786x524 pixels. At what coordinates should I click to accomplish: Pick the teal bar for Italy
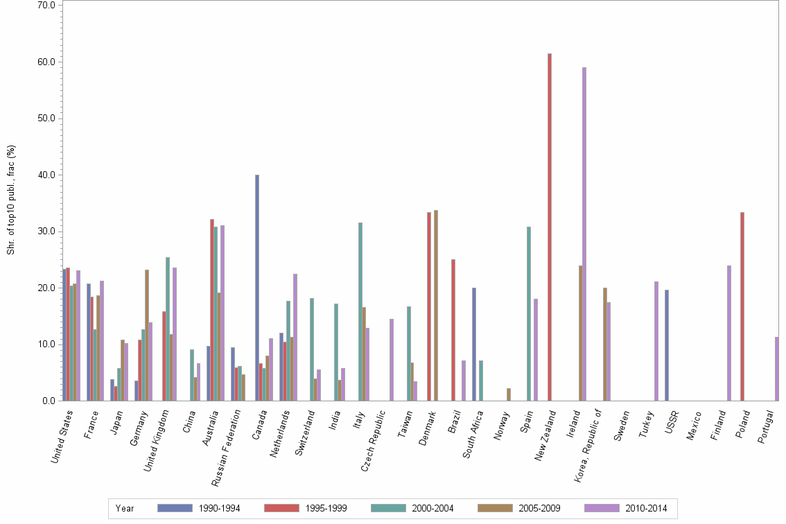[360, 312]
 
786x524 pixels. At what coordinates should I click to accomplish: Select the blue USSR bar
[667, 345]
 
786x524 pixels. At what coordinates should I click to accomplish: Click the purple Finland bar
[729, 333]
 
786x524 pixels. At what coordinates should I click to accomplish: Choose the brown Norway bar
[509, 394]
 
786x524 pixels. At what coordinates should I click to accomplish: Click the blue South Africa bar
[474, 344]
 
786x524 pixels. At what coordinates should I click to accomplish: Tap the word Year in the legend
[125, 508]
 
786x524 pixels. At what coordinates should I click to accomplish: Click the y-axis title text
[11, 200]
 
